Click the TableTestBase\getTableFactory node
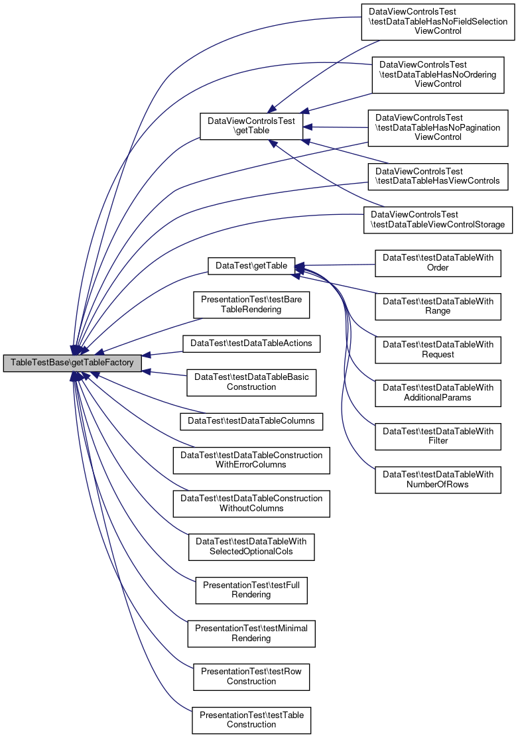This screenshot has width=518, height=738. pyautogui.click(x=72, y=363)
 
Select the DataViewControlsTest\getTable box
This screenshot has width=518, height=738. pyautogui.click(x=251, y=126)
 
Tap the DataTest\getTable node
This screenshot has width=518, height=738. pyautogui.click(x=251, y=266)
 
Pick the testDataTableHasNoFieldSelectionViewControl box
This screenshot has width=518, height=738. pyautogui.click(x=438, y=22)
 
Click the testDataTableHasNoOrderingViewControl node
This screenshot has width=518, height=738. pyautogui.click(x=438, y=75)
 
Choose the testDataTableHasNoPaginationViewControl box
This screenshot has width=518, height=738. pyautogui.click(x=438, y=127)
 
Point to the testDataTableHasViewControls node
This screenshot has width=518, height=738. pyautogui.click(x=438, y=176)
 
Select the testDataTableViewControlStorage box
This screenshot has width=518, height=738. pyautogui.click(x=438, y=219)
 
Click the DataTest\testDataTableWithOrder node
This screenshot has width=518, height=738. pyautogui.click(x=438, y=263)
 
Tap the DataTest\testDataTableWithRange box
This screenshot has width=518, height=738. pyautogui.click(x=438, y=306)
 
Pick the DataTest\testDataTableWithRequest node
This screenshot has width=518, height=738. pyautogui.click(x=438, y=349)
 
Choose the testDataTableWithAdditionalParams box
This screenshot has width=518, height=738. pyautogui.click(x=438, y=393)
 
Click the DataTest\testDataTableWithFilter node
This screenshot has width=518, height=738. pyautogui.click(x=438, y=436)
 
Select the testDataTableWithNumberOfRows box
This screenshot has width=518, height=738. pyautogui.click(x=438, y=479)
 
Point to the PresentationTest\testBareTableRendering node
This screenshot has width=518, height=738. pyautogui.click(x=251, y=304)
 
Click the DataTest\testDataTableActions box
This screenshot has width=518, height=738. pyautogui.click(x=251, y=343)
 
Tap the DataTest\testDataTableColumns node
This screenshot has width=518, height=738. pyautogui.click(x=251, y=421)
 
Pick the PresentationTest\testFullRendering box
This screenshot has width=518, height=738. pyautogui.click(x=251, y=590)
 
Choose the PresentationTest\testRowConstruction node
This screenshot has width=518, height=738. pyautogui.click(x=251, y=677)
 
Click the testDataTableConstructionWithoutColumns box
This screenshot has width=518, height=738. pyautogui.click(x=251, y=504)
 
